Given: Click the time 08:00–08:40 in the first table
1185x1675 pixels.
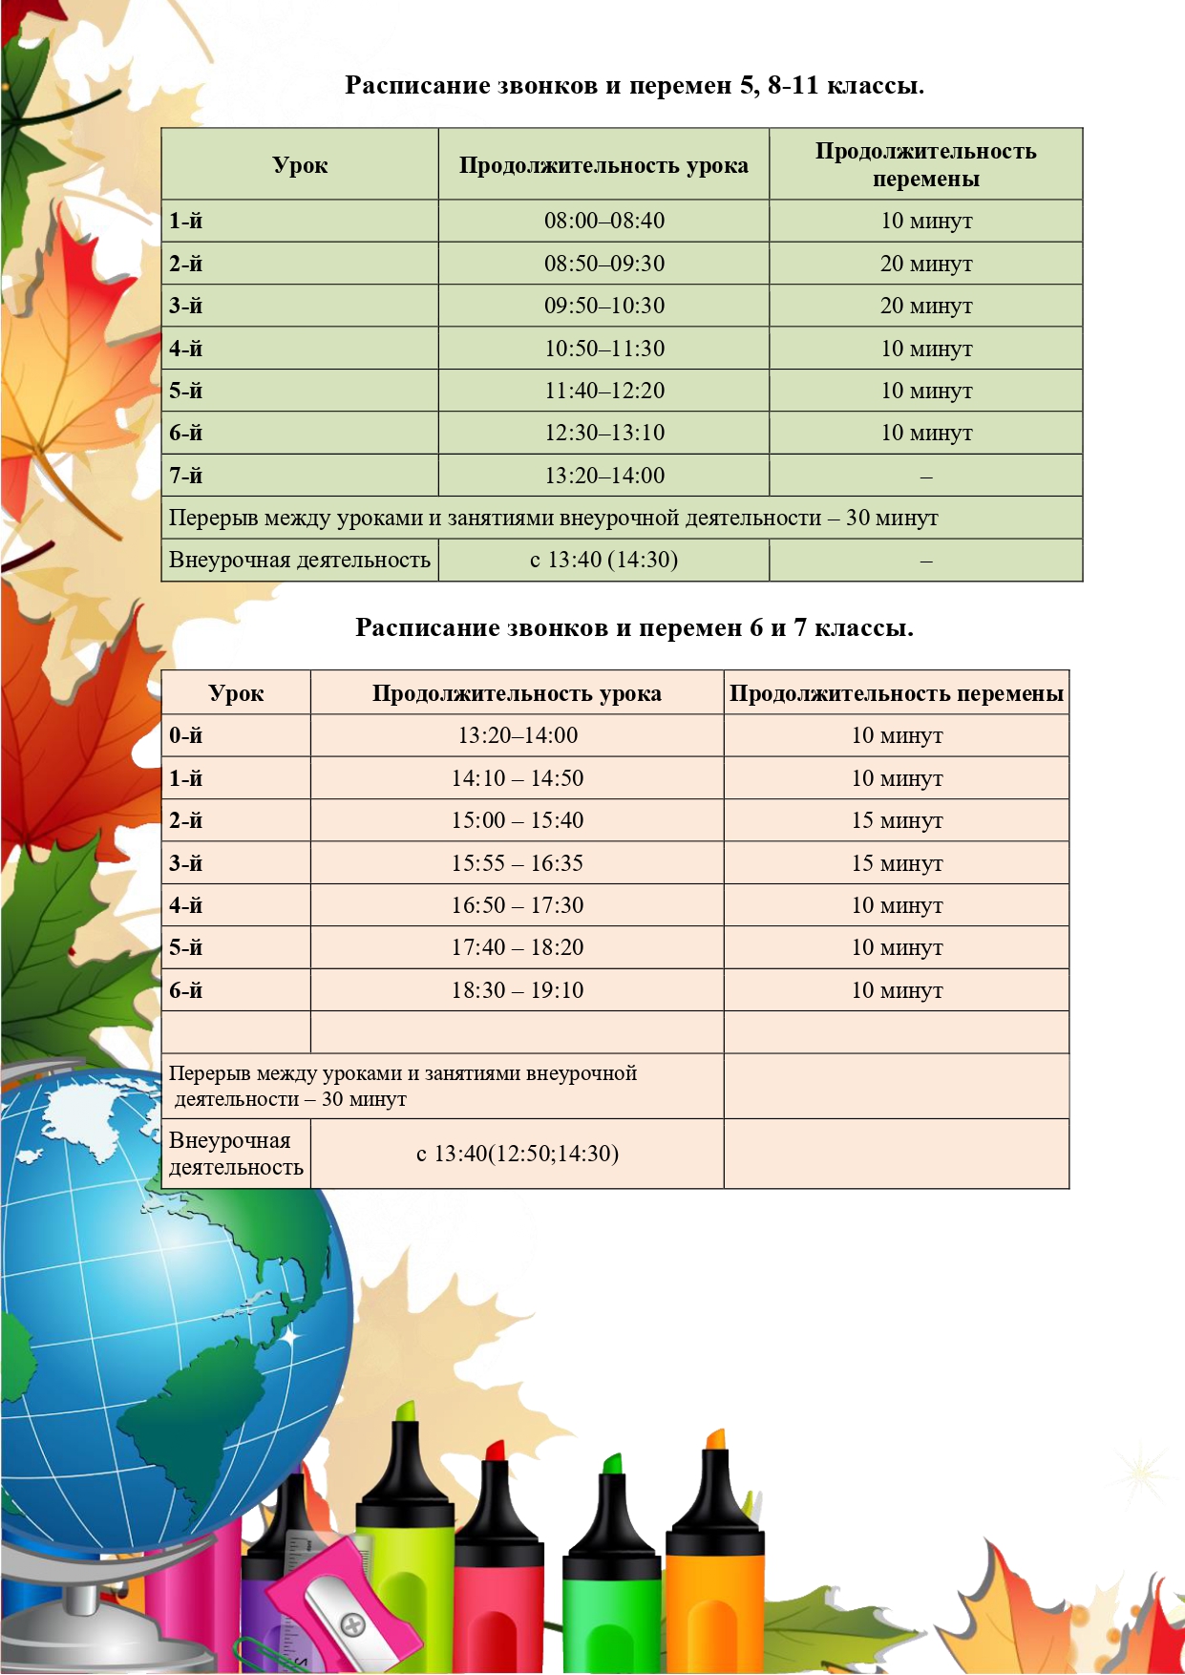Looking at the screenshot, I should tap(603, 222).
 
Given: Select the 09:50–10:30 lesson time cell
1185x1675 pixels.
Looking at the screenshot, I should tap(603, 307).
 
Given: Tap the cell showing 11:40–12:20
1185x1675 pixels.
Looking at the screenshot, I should tap(603, 392).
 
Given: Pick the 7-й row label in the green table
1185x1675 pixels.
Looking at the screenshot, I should tap(186, 476).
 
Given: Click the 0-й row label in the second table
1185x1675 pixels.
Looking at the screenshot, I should tap(186, 736).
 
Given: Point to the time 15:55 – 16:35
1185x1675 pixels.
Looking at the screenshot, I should tap(517, 863).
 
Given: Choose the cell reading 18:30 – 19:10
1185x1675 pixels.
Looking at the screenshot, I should tap(517, 990).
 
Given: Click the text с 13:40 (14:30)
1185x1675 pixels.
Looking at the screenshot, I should tap(603, 561).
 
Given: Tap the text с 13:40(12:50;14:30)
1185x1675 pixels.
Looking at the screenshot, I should tap(517, 1154).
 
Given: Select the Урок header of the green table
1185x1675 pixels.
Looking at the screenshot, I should tap(300, 165).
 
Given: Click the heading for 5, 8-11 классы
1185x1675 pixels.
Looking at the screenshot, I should tap(634, 86).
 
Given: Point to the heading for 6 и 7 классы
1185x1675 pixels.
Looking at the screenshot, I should tap(634, 628).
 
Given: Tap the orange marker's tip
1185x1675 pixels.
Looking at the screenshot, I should tap(715, 1439).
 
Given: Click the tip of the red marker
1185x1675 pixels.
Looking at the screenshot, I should tap(495, 1451).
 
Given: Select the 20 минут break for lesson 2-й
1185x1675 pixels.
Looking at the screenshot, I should tap(925, 265).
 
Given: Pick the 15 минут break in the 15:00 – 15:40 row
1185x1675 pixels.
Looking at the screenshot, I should tap(897, 821).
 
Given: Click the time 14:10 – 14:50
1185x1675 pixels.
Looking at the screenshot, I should tap(517, 779).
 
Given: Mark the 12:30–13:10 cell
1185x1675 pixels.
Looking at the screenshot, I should tap(603, 434).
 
